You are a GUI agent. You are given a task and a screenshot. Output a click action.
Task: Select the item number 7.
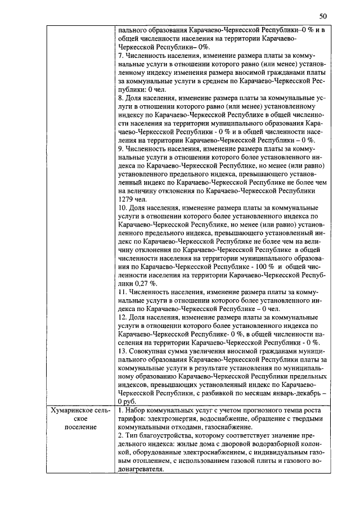pos(121,58)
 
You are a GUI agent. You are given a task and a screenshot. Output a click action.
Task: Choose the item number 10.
pos(123,208)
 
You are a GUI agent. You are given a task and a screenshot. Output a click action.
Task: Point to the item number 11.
pos(123,293)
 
